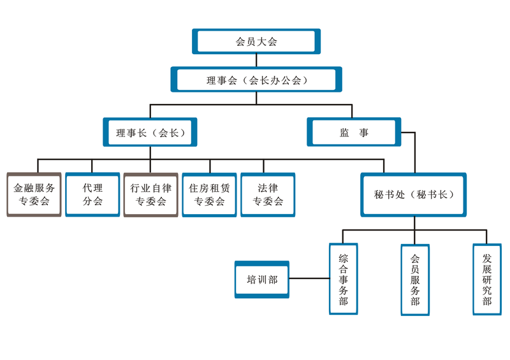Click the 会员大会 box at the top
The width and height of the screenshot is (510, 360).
coord(256,41)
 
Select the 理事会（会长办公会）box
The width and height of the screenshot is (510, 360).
coord(256,80)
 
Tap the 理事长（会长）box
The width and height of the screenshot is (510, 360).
coord(150,133)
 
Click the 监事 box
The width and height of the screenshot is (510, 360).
coord(354,133)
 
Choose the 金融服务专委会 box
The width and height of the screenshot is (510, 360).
coord(34,195)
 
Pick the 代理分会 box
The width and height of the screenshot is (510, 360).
coord(92,195)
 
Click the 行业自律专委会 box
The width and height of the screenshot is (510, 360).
coord(150,195)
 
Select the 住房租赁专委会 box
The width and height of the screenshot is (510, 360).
coord(209,195)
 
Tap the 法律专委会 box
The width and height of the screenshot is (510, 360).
coord(268,195)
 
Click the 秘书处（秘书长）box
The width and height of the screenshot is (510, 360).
coord(414,194)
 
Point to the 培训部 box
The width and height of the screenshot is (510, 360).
coord(262,279)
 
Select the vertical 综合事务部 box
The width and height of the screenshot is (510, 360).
coord(344,279)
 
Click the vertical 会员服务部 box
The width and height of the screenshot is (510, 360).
coord(415,280)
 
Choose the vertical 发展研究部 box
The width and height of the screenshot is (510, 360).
coord(487,279)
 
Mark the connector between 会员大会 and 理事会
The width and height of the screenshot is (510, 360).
coord(256,61)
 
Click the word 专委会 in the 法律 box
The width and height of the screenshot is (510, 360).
coord(268,202)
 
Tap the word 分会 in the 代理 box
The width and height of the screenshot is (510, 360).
coord(92,202)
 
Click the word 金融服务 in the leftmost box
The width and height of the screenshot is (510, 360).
coord(34,189)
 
